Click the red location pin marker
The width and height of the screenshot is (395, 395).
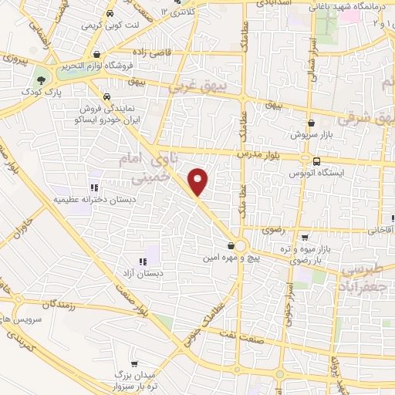pos(198,181)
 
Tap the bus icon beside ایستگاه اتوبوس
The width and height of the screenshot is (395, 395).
pos(318,160)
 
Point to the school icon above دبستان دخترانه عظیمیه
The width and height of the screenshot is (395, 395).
pos(93,187)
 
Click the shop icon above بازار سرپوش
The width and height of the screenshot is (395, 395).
pos(311,123)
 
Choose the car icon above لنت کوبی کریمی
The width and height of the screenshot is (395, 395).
pos(112,13)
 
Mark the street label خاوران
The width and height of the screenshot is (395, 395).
pos(23,229)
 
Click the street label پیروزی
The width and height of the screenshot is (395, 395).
pos(13,59)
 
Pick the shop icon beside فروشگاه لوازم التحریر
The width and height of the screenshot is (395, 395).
pos(98,54)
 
